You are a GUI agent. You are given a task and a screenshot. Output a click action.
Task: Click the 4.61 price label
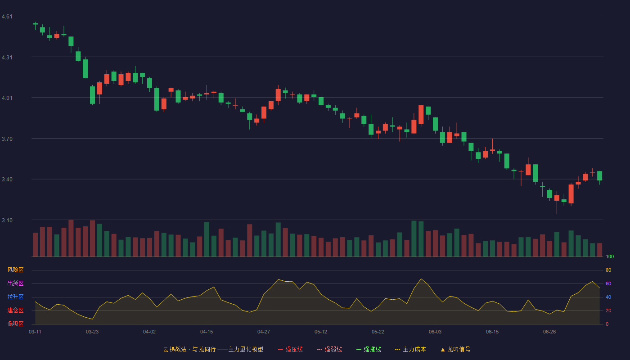click(7, 17)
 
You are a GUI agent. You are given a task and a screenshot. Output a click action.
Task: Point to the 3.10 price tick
click(7, 220)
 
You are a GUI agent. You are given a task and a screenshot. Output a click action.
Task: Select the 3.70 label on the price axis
click(7, 139)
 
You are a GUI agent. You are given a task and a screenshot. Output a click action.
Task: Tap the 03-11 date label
click(35, 332)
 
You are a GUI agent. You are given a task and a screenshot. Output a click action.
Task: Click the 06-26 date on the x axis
click(549, 332)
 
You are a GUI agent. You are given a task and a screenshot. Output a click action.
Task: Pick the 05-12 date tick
click(320, 332)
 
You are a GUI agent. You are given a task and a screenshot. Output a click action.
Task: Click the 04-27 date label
click(264, 332)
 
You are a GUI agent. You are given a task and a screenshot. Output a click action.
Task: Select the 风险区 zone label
click(15, 270)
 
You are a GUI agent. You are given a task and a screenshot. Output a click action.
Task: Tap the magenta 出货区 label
click(15, 283)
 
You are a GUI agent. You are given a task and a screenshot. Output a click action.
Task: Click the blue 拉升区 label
click(15, 297)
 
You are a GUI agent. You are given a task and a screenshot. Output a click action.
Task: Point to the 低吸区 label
click(15, 324)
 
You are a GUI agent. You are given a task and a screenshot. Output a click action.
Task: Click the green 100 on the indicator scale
click(610, 256)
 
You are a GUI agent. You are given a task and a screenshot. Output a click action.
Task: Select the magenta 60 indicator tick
click(608, 283)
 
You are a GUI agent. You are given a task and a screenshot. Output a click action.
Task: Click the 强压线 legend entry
click(290, 349)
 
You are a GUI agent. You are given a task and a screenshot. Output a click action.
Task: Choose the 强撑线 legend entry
click(369, 349)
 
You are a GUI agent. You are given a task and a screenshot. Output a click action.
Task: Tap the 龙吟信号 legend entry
click(455, 349)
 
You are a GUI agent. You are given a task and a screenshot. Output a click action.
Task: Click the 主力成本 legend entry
click(410, 349)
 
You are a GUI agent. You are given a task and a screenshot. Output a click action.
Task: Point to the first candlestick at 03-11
click(35, 24)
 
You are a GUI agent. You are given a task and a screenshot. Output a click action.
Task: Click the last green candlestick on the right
click(599, 176)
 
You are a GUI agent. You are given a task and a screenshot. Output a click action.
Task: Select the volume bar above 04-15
click(207, 239)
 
